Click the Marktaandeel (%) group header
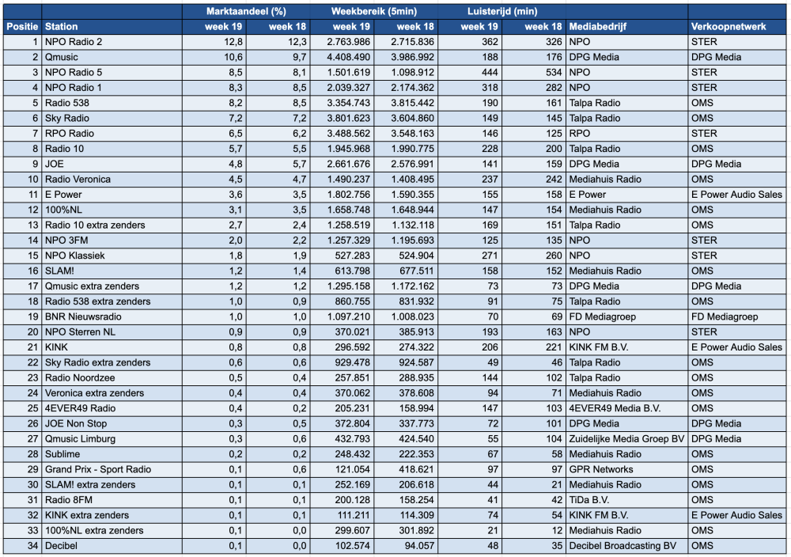tap(246, 12)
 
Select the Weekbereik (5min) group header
tap(374, 12)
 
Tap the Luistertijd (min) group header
tap(502, 12)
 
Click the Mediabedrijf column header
tap(597, 27)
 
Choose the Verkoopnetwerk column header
tap(729, 27)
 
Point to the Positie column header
tap(22, 27)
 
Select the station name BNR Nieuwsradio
tap(83, 316)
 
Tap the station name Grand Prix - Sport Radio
tap(98, 469)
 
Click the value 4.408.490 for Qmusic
tap(348, 57)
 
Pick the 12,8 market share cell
tap(233, 42)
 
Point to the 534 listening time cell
tap(554, 72)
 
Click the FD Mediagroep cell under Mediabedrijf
tap(602, 316)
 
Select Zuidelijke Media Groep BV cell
tap(626, 439)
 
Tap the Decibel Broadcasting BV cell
tap(623, 545)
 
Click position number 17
tap(32, 286)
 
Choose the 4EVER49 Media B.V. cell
tap(615, 408)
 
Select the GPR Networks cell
tap(601, 469)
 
